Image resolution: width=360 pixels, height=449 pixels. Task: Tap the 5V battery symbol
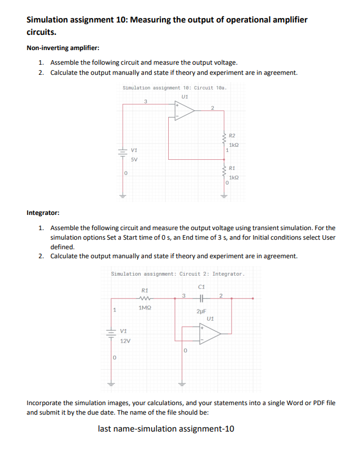pos(121,151)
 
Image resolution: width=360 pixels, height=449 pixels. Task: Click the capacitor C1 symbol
pos(201,298)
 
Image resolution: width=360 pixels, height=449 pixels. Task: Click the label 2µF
pos(202,311)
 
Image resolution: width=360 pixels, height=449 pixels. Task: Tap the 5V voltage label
pos(134,159)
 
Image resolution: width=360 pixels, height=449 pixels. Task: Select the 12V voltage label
pos(126,341)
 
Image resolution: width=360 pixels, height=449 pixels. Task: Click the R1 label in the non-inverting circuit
pos(232,168)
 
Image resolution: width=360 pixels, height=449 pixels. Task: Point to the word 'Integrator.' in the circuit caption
pos(228,273)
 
